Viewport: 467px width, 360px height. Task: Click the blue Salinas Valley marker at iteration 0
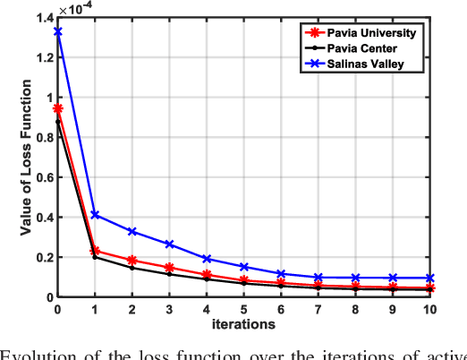[58, 31]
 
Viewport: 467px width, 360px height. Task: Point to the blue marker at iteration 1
[96, 215]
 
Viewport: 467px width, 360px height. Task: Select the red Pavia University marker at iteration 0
[58, 108]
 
